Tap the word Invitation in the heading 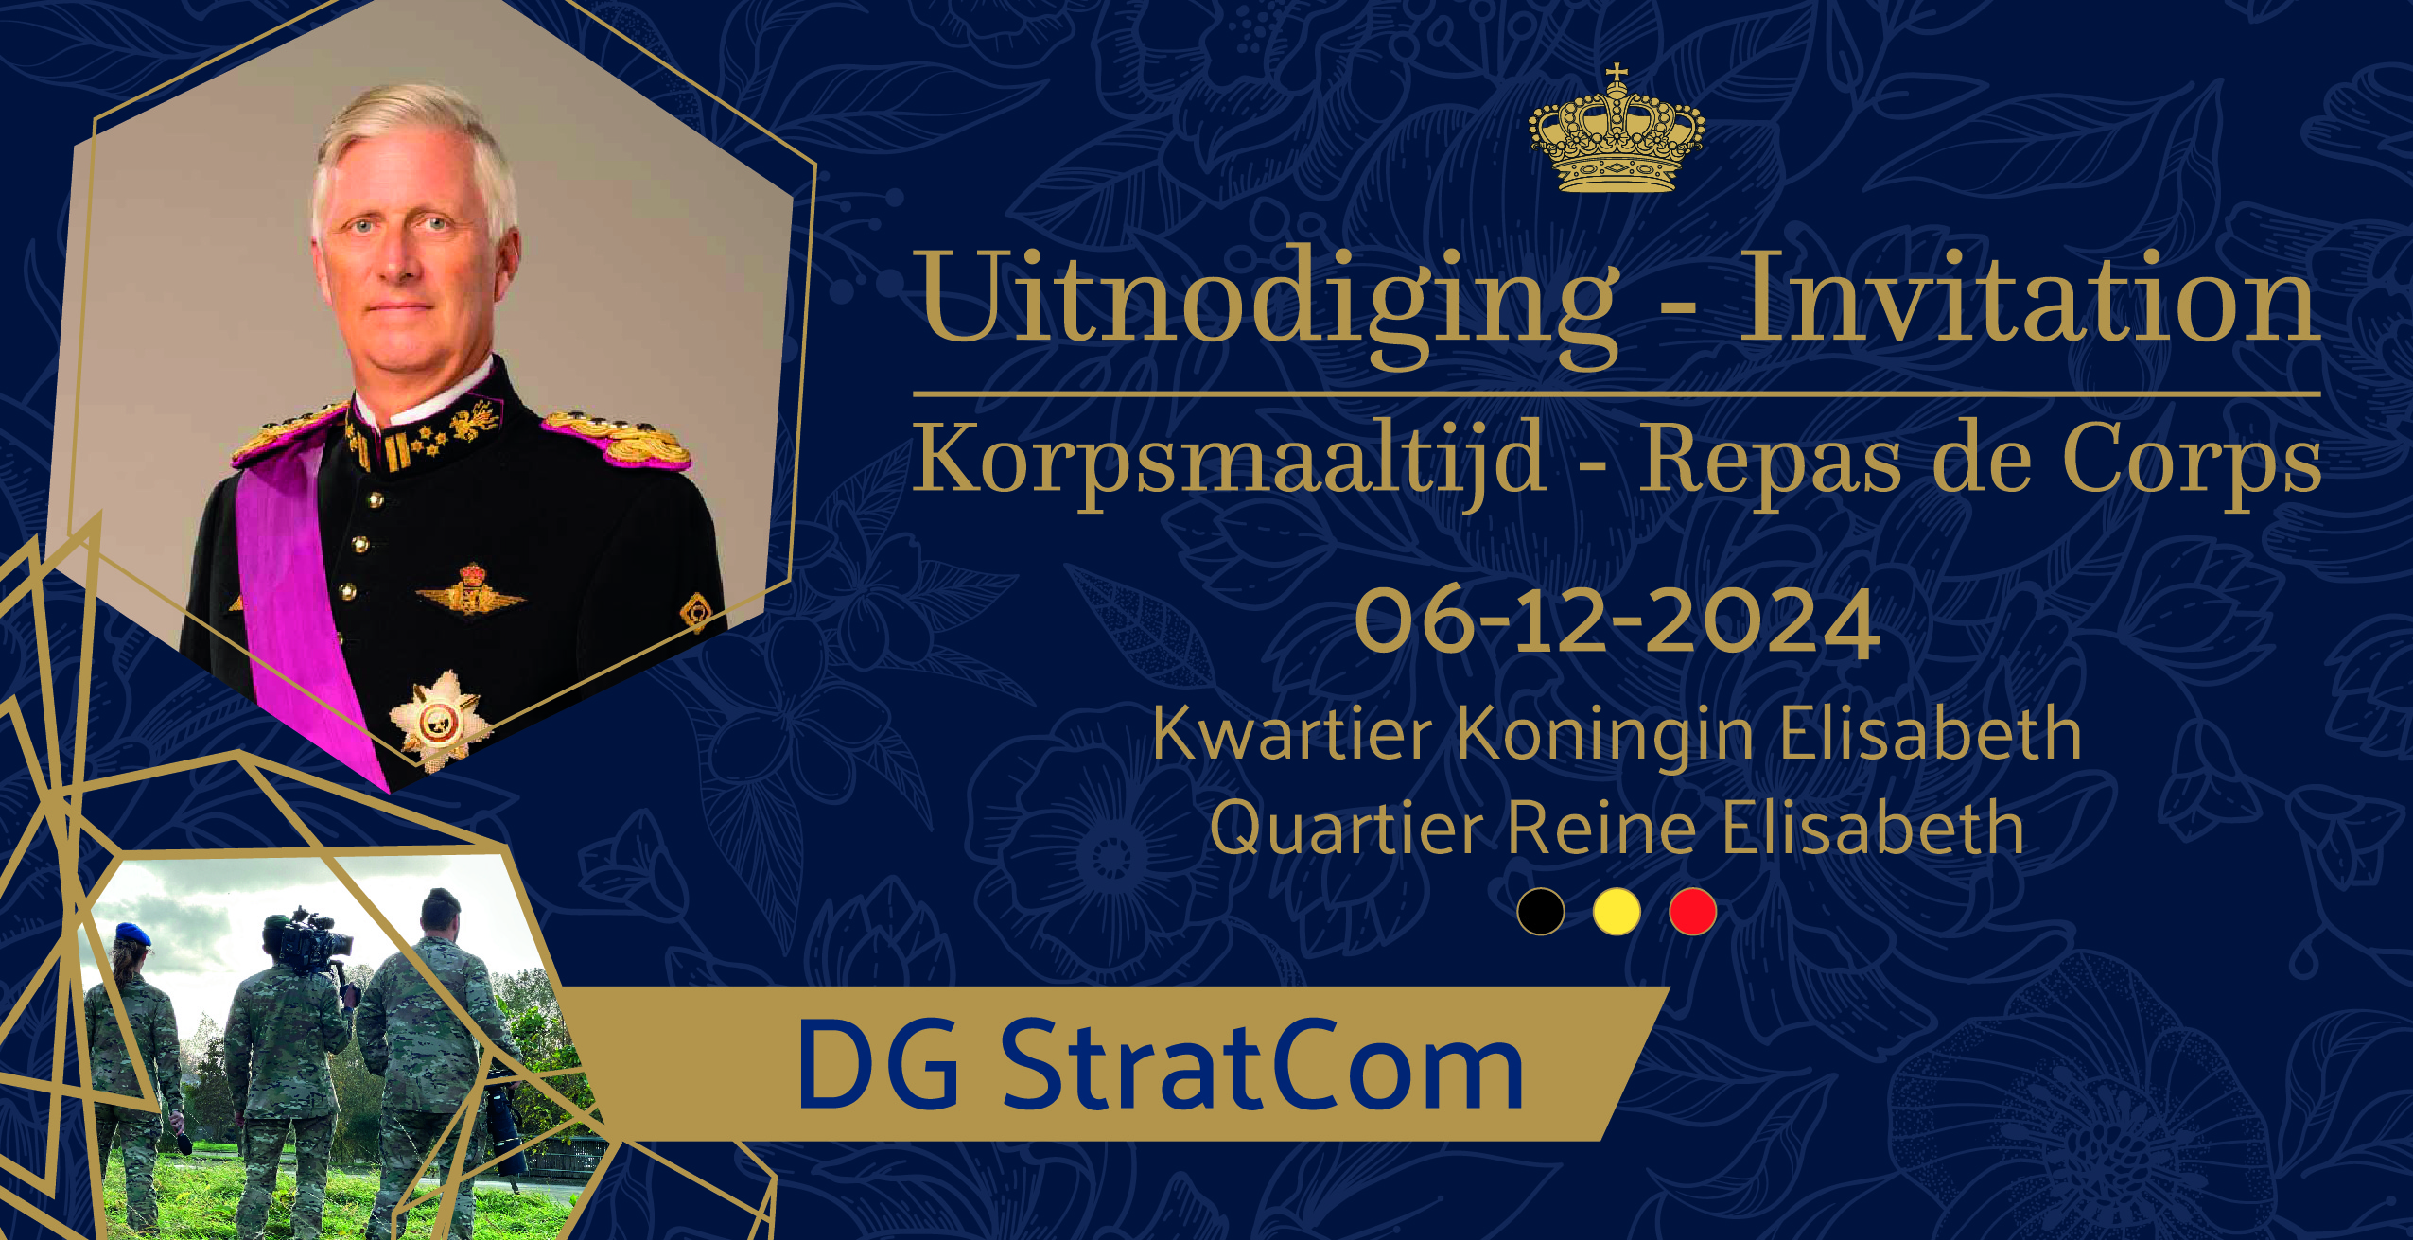(x=2028, y=296)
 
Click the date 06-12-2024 (x=1617, y=621)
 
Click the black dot (x=1541, y=912)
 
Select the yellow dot (x=1617, y=912)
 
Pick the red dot (x=1692, y=912)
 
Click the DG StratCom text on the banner (x=1160, y=1066)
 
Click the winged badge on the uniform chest (x=470, y=592)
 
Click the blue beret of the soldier (x=132, y=934)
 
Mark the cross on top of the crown (x=1617, y=73)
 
